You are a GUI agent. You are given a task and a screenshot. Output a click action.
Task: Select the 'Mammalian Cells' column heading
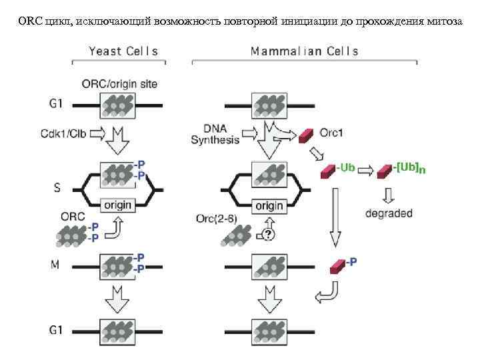pos(304,51)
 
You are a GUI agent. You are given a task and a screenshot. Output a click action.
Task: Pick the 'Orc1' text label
pos(331,133)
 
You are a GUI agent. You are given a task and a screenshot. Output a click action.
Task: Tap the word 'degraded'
pos(389,214)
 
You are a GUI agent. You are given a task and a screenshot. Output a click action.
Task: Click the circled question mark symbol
pos(268,234)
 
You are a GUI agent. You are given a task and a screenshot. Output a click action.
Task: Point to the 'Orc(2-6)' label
pos(218,219)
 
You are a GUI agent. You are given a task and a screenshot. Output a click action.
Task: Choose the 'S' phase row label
pos(57,189)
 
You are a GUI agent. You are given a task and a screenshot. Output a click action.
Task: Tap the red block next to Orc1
pos(307,135)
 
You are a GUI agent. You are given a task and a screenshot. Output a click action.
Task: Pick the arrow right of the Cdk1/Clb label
pos(97,134)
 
